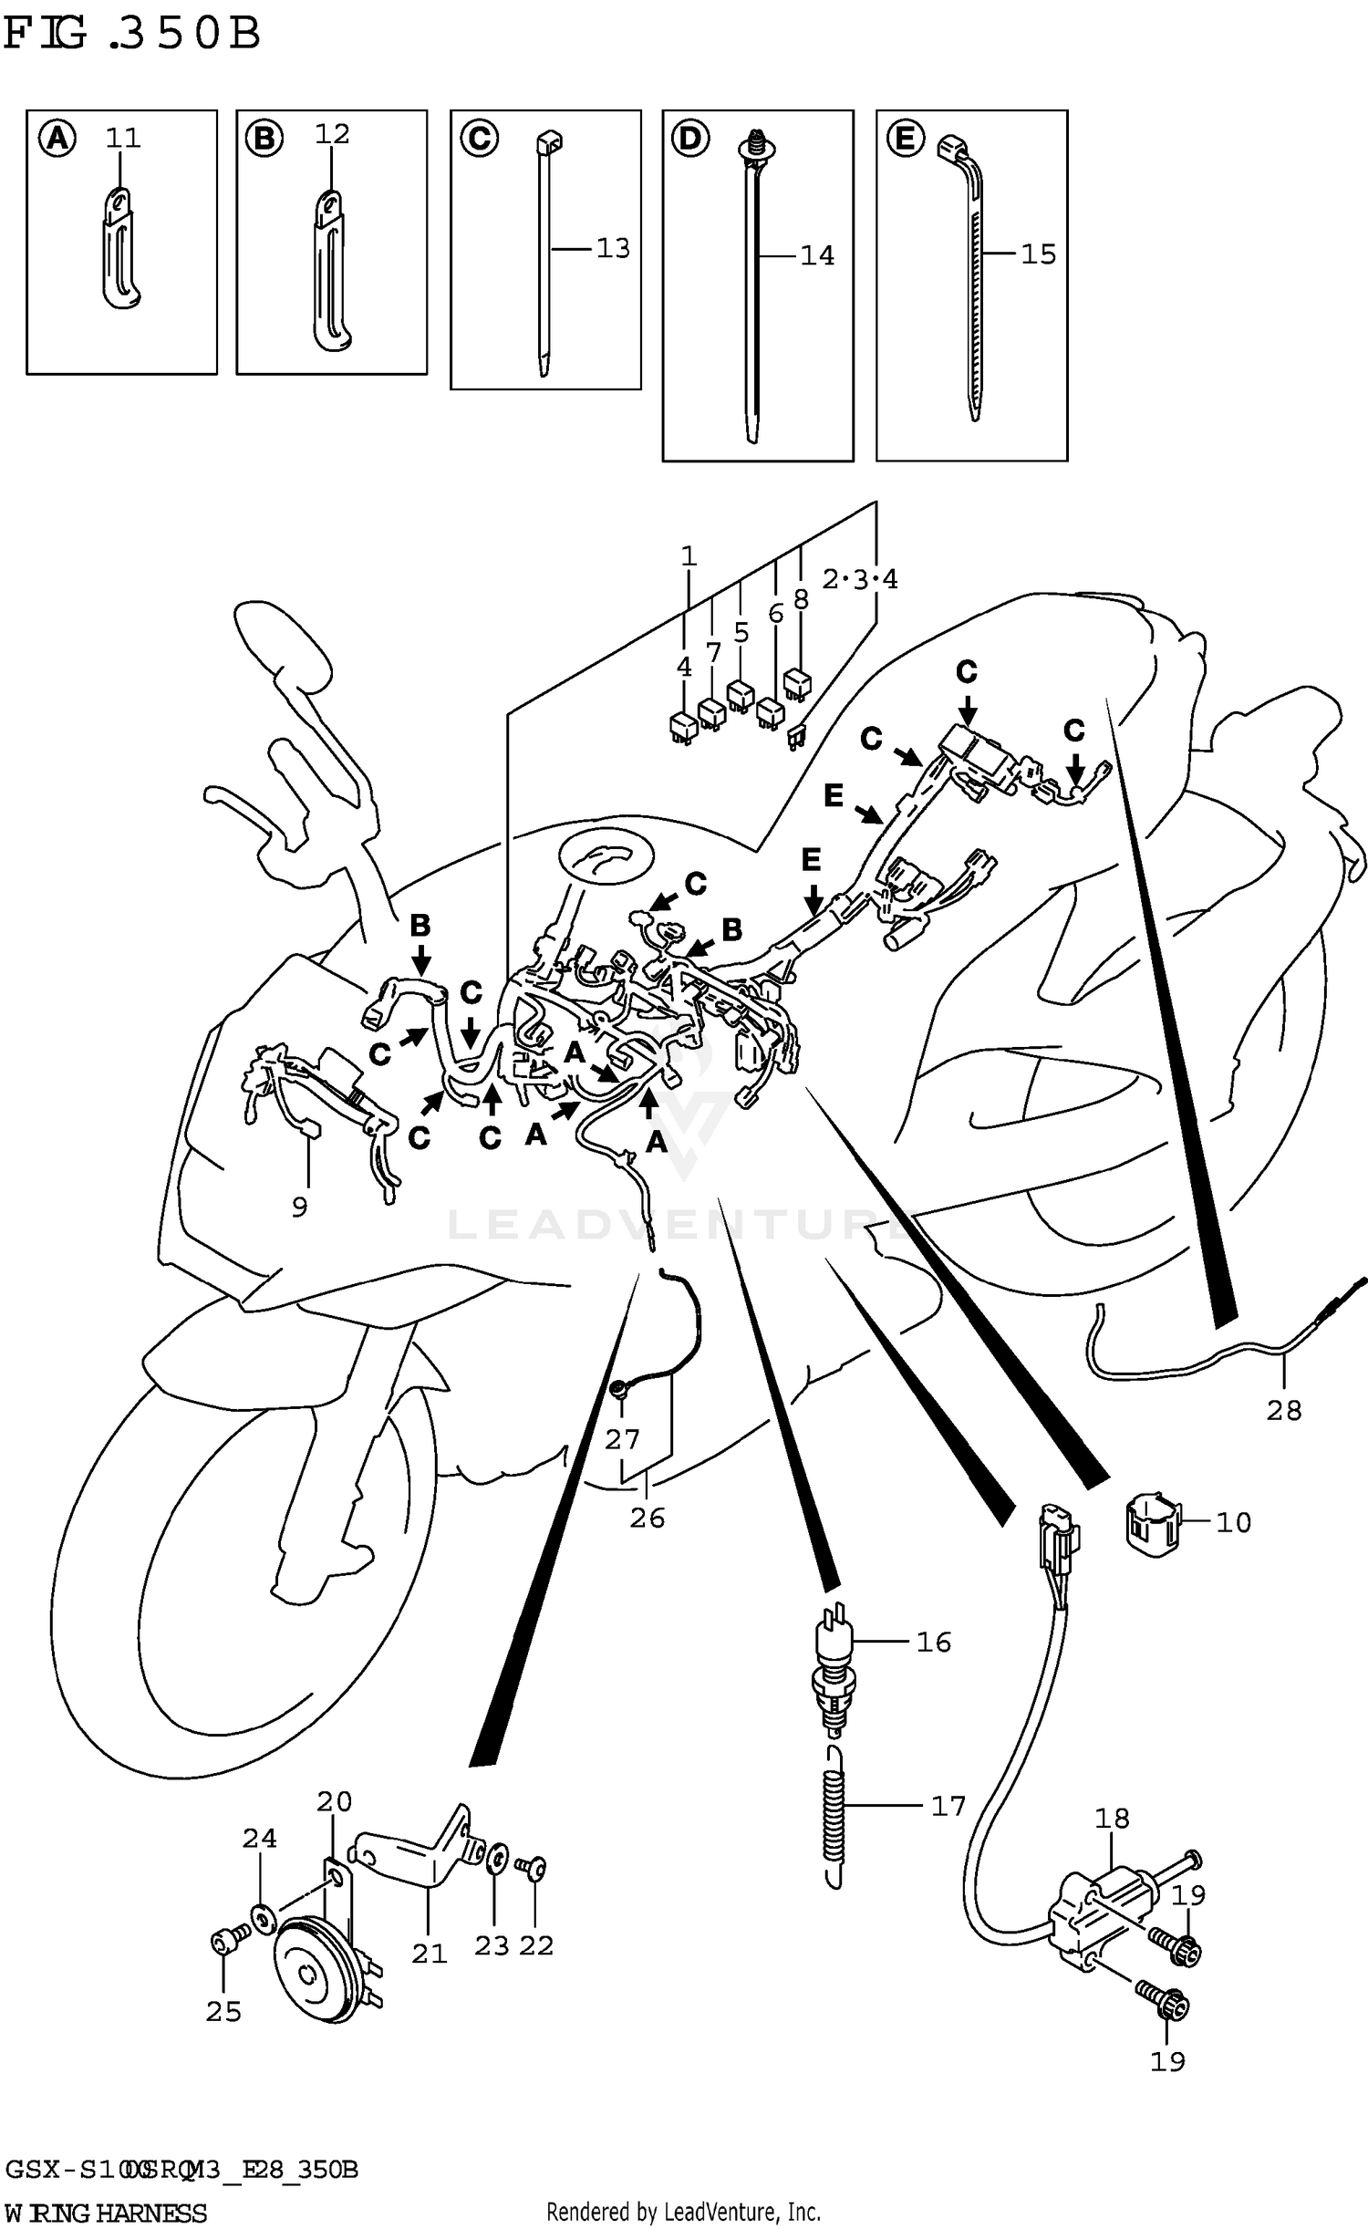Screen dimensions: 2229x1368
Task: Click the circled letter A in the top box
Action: [x=57, y=140]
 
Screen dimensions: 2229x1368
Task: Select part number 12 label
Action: [x=332, y=135]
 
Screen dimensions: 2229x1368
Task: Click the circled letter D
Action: [x=690, y=140]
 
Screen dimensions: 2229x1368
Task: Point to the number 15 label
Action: [x=1038, y=254]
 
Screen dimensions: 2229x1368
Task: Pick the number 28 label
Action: [x=1283, y=1411]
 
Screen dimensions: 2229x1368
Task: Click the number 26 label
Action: [x=647, y=1519]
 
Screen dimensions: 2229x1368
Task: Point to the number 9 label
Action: [x=299, y=1208]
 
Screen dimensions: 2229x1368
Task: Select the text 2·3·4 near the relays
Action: [x=859, y=580]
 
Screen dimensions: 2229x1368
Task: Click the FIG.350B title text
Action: [x=131, y=34]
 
